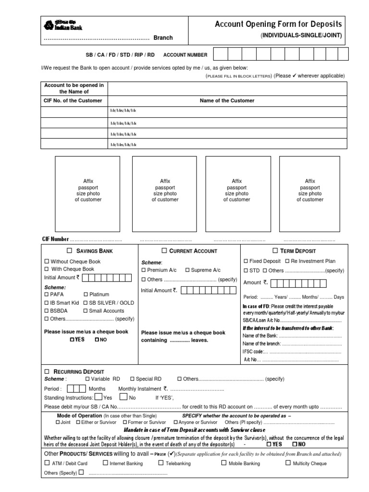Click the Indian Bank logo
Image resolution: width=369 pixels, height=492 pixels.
pyautogui.click(x=49, y=25)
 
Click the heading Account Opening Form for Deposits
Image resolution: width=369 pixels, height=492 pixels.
pyautogui.click(x=278, y=24)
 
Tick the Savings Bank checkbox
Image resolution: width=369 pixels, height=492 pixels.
pyautogui.click(x=69, y=251)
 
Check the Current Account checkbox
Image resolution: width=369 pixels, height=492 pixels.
pyautogui.click(x=164, y=251)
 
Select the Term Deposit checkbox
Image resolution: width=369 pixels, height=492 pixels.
pyautogui.click(x=275, y=251)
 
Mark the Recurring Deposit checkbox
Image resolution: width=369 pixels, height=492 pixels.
pyautogui.click(x=47, y=371)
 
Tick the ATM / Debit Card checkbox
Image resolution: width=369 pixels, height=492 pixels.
pyautogui.click(x=47, y=463)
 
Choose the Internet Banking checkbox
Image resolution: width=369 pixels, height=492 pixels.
pyautogui.click(x=105, y=463)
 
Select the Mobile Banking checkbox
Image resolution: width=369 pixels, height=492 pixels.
pyautogui.click(x=224, y=463)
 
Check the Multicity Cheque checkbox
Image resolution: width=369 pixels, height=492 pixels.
pyautogui.click(x=288, y=463)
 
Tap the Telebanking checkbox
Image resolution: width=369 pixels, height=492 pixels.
pyautogui.click(x=161, y=463)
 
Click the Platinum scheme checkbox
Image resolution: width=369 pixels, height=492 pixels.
pyautogui.click(x=86, y=294)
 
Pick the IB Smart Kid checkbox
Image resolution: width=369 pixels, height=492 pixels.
pyautogui.click(x=47, y=303)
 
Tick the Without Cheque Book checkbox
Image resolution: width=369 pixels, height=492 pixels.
pyautogui.click(x=47, y=261)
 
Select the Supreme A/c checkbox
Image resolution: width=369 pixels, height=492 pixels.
pyautogui.click(x=187, y=270)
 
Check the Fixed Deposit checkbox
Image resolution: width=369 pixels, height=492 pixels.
pyautogui.click(x=246, y=261)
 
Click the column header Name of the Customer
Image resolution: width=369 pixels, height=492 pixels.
pyautogui.click(x=227, y=101)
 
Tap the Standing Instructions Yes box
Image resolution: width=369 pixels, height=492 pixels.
pyautogui.click(x=98, y=397)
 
